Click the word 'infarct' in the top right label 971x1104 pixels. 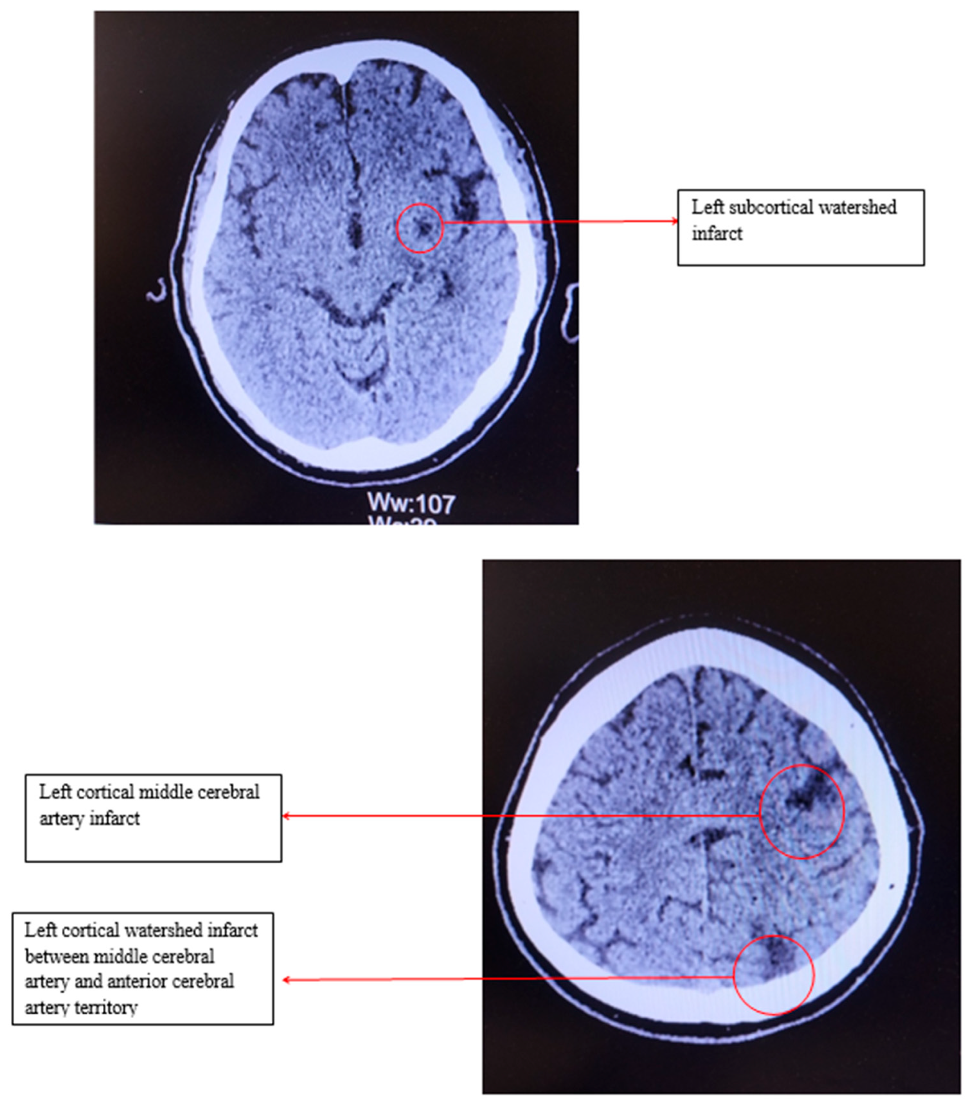click(717, 234)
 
